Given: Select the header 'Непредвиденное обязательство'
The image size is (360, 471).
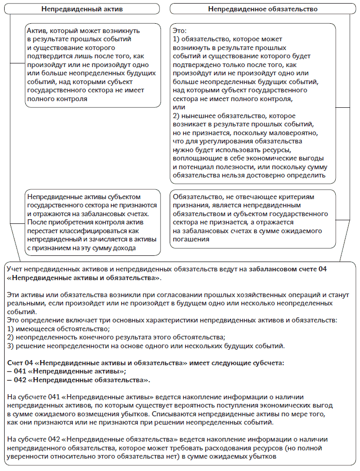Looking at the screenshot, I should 263,9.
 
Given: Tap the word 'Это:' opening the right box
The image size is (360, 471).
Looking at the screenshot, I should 181,31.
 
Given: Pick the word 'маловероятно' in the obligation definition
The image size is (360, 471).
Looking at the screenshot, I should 281,133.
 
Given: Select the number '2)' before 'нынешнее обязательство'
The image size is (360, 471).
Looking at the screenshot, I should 177,116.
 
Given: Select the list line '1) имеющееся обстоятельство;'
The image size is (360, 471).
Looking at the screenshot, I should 58,329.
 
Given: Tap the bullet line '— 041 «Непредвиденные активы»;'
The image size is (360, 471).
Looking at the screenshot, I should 67,371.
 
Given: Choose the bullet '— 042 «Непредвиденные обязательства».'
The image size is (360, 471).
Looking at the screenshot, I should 78,380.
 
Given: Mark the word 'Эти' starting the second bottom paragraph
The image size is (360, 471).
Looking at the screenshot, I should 13,295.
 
